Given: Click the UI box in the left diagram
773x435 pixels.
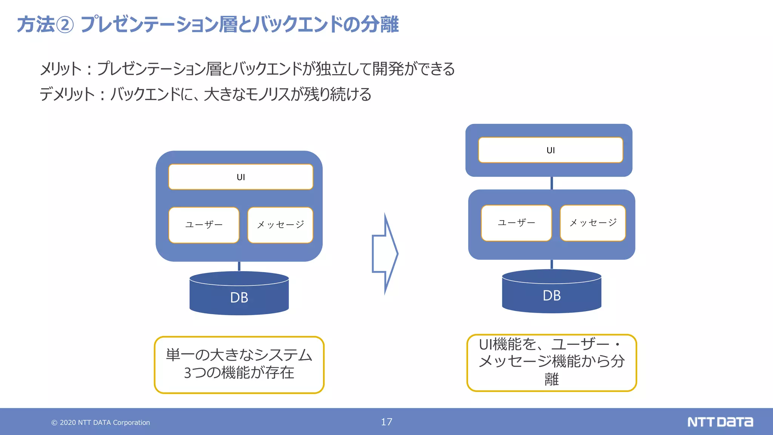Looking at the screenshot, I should (x=241, y=177).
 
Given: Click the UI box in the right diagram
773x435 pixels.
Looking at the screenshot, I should (x=550, y=150).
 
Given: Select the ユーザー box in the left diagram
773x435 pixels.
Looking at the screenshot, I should (x=204, y=225).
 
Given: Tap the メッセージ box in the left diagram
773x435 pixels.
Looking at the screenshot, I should (x=280, y=225).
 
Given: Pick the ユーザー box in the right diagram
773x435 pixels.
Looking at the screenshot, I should (x=516, y=223).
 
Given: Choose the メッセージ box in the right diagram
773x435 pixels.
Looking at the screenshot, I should (x=593, y=223).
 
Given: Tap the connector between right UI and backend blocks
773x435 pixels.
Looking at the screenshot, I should (x=552, y=183).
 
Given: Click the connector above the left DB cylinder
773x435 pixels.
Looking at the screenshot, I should (x=239, y=266).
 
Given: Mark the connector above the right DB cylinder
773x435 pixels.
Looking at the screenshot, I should (x=552, y=264).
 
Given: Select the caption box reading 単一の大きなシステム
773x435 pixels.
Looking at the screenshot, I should (x=239, y=364).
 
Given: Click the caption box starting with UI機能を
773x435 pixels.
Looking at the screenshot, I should (x=551, y=362).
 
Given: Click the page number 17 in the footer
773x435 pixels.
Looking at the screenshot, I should (x=386, y=422).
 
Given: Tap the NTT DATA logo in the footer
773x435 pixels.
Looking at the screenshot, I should (x=720, y=422).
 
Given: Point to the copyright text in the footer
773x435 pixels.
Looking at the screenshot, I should (x=101, y=423).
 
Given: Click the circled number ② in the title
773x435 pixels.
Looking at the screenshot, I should (x=65, y=25).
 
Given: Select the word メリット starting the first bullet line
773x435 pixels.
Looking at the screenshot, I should (x=61, y=69).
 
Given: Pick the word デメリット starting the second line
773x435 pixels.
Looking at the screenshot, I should (x=67, y=94).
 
